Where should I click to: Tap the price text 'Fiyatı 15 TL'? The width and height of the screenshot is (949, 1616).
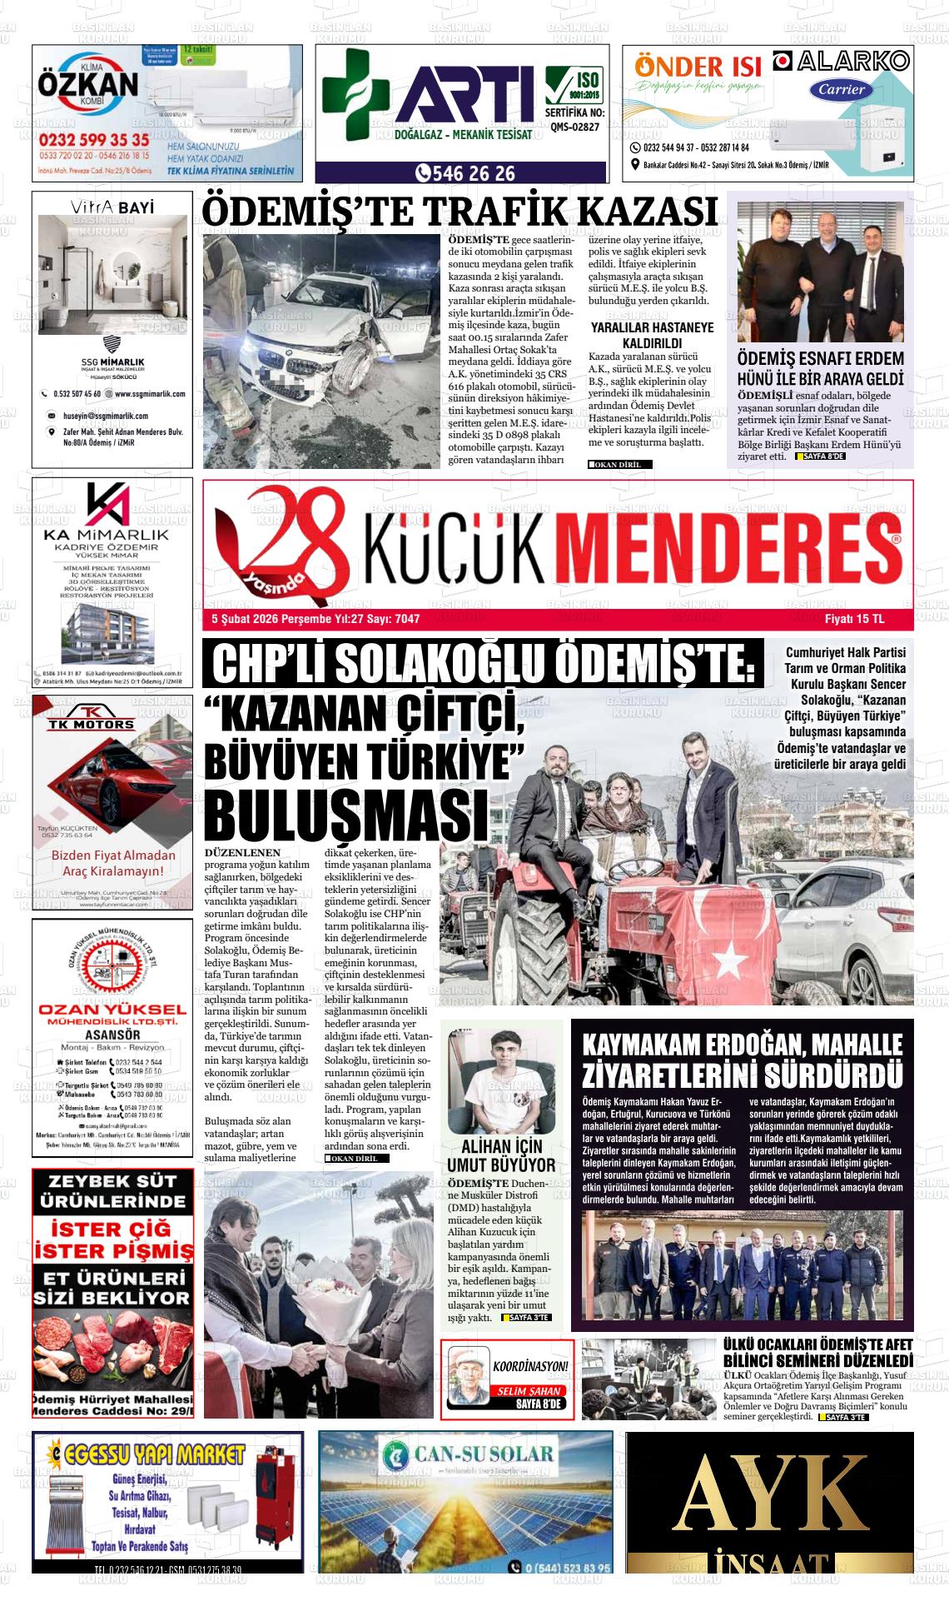click(854, 619)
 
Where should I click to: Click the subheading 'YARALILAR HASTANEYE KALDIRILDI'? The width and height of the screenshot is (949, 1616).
click(652, 335)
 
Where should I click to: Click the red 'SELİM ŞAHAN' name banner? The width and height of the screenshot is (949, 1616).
click(529, 1391)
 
